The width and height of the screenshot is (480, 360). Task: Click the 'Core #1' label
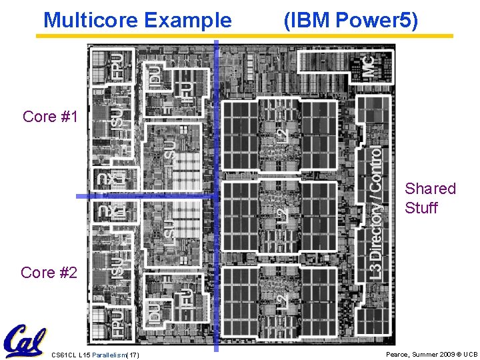[50, 117]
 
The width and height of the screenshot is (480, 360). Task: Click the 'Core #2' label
[49, 273]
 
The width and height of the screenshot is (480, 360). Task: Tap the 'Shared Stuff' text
[430, 198]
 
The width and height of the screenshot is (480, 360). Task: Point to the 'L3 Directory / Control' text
[377, 213]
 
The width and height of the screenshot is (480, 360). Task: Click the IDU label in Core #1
[154, 77]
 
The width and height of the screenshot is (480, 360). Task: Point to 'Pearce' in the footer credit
[399, 355]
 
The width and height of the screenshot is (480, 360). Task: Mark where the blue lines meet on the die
[216, 197]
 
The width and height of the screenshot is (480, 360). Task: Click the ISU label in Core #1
[117, 115]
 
